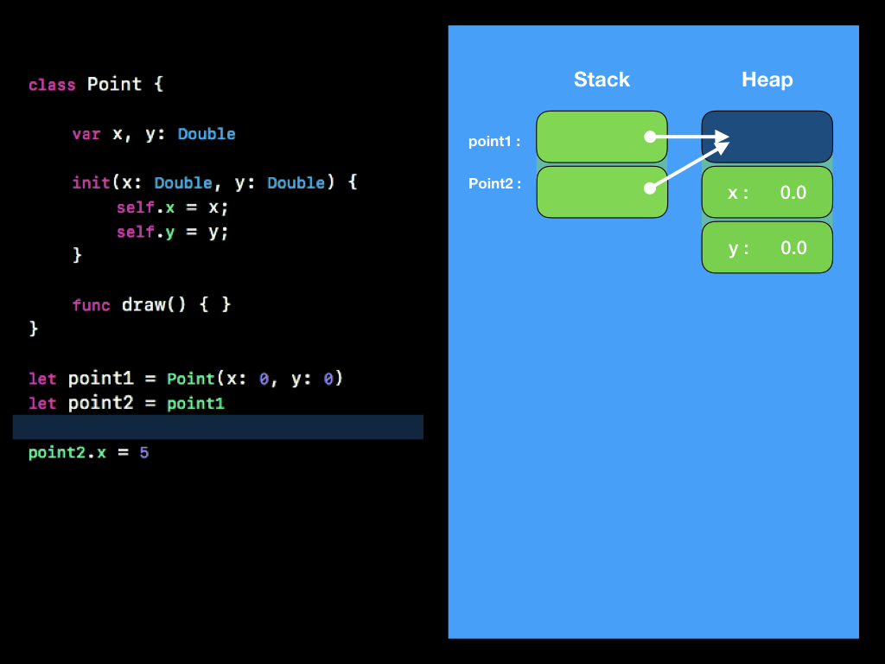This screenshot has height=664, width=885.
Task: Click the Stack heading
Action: [x=602, y=80]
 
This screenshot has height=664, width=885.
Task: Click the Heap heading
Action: [x=767, y=80]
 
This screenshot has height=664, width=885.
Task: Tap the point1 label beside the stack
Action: [x=494, y=141]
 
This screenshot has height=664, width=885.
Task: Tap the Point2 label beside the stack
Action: [x=494, y=183]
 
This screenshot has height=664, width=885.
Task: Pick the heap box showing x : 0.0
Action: [x=767, y=192]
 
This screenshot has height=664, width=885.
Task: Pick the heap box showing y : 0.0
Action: [x=767, y=248]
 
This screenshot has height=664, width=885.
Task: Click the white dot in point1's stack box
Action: [x=649, y=137]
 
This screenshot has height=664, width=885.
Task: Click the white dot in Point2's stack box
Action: [x=649, y=188]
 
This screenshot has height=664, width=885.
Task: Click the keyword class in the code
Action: [x=52, y=85]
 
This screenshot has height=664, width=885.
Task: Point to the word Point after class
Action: [x=114, y=85]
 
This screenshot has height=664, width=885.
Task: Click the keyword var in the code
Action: [x=86, y=134]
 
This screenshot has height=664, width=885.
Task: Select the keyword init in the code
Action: [x=91, y=183]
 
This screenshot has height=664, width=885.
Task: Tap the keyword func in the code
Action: [x=91, y=305]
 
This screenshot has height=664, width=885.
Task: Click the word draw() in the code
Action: [x=154, y=305]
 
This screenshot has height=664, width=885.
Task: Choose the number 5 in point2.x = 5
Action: [x=143, y=452]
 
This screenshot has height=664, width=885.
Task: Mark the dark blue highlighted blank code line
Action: [x=218, y=427]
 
